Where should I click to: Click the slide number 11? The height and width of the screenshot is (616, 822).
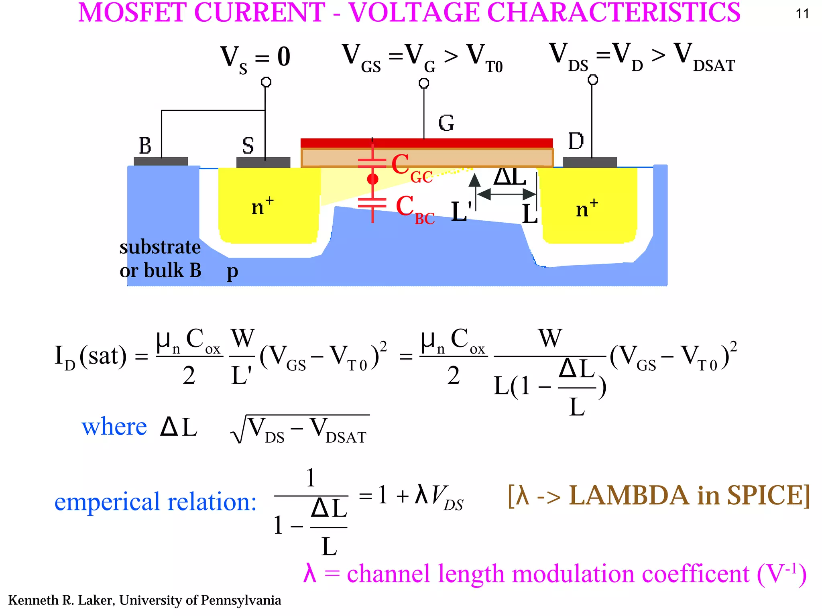click(802, 14)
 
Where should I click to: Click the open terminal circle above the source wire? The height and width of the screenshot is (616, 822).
click(266, 82)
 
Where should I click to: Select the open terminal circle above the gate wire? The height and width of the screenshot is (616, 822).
click(424, 83)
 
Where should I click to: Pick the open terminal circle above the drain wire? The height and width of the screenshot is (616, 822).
click(592, 80)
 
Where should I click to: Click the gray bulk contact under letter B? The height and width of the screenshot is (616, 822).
click(161, 161)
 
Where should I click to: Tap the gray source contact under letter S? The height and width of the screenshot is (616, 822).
click(263, 162)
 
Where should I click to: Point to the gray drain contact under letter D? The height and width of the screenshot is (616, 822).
click(590, 162)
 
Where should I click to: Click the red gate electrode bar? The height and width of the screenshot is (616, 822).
click(427, 143)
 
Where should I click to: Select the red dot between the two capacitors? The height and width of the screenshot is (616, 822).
click(372, 179)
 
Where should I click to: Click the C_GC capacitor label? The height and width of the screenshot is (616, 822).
click(412, 168)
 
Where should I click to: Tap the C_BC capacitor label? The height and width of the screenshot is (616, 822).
click(415, 210)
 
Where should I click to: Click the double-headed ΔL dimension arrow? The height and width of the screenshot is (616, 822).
click(507, 194)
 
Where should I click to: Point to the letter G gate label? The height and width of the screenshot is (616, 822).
click(446, 123)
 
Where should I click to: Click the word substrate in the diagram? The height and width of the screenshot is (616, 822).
click(160, 247)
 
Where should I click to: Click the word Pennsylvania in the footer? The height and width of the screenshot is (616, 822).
click(241, 600)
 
